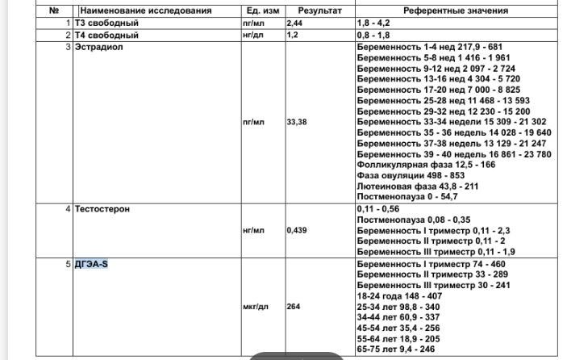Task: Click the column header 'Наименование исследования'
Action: (145, 11)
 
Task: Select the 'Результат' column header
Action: (319, 11)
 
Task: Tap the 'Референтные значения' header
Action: (456, 11)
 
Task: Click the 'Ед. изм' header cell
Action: (264, 11)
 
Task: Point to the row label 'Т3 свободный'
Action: (106, 24)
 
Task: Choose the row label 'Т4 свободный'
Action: (106, 36)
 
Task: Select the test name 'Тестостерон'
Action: (102, 209)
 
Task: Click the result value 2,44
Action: (296, 24)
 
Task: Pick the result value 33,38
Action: (298, 122)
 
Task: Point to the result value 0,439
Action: (298, 230)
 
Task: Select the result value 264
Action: (294, 306)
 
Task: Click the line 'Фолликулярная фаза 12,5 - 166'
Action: (426, 165)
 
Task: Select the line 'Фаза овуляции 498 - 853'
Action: (411, 175)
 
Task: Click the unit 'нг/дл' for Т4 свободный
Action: (252, 36)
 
